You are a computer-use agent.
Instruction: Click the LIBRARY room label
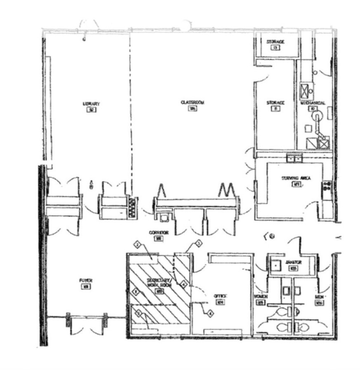91,104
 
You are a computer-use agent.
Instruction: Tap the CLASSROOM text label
192,102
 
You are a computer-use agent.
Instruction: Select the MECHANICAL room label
313,103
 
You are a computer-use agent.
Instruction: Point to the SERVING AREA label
296,178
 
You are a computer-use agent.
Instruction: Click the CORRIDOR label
159,233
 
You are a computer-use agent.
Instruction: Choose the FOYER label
86,281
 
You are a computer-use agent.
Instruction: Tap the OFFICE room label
221,296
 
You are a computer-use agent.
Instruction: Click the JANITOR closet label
293,262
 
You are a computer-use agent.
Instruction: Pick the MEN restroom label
318,297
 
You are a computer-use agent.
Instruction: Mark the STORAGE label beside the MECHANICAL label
275,103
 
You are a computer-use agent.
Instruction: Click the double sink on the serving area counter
294,157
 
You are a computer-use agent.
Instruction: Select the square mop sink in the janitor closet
275,265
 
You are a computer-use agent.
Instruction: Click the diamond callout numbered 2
137,245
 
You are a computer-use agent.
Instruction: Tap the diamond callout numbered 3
198,243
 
